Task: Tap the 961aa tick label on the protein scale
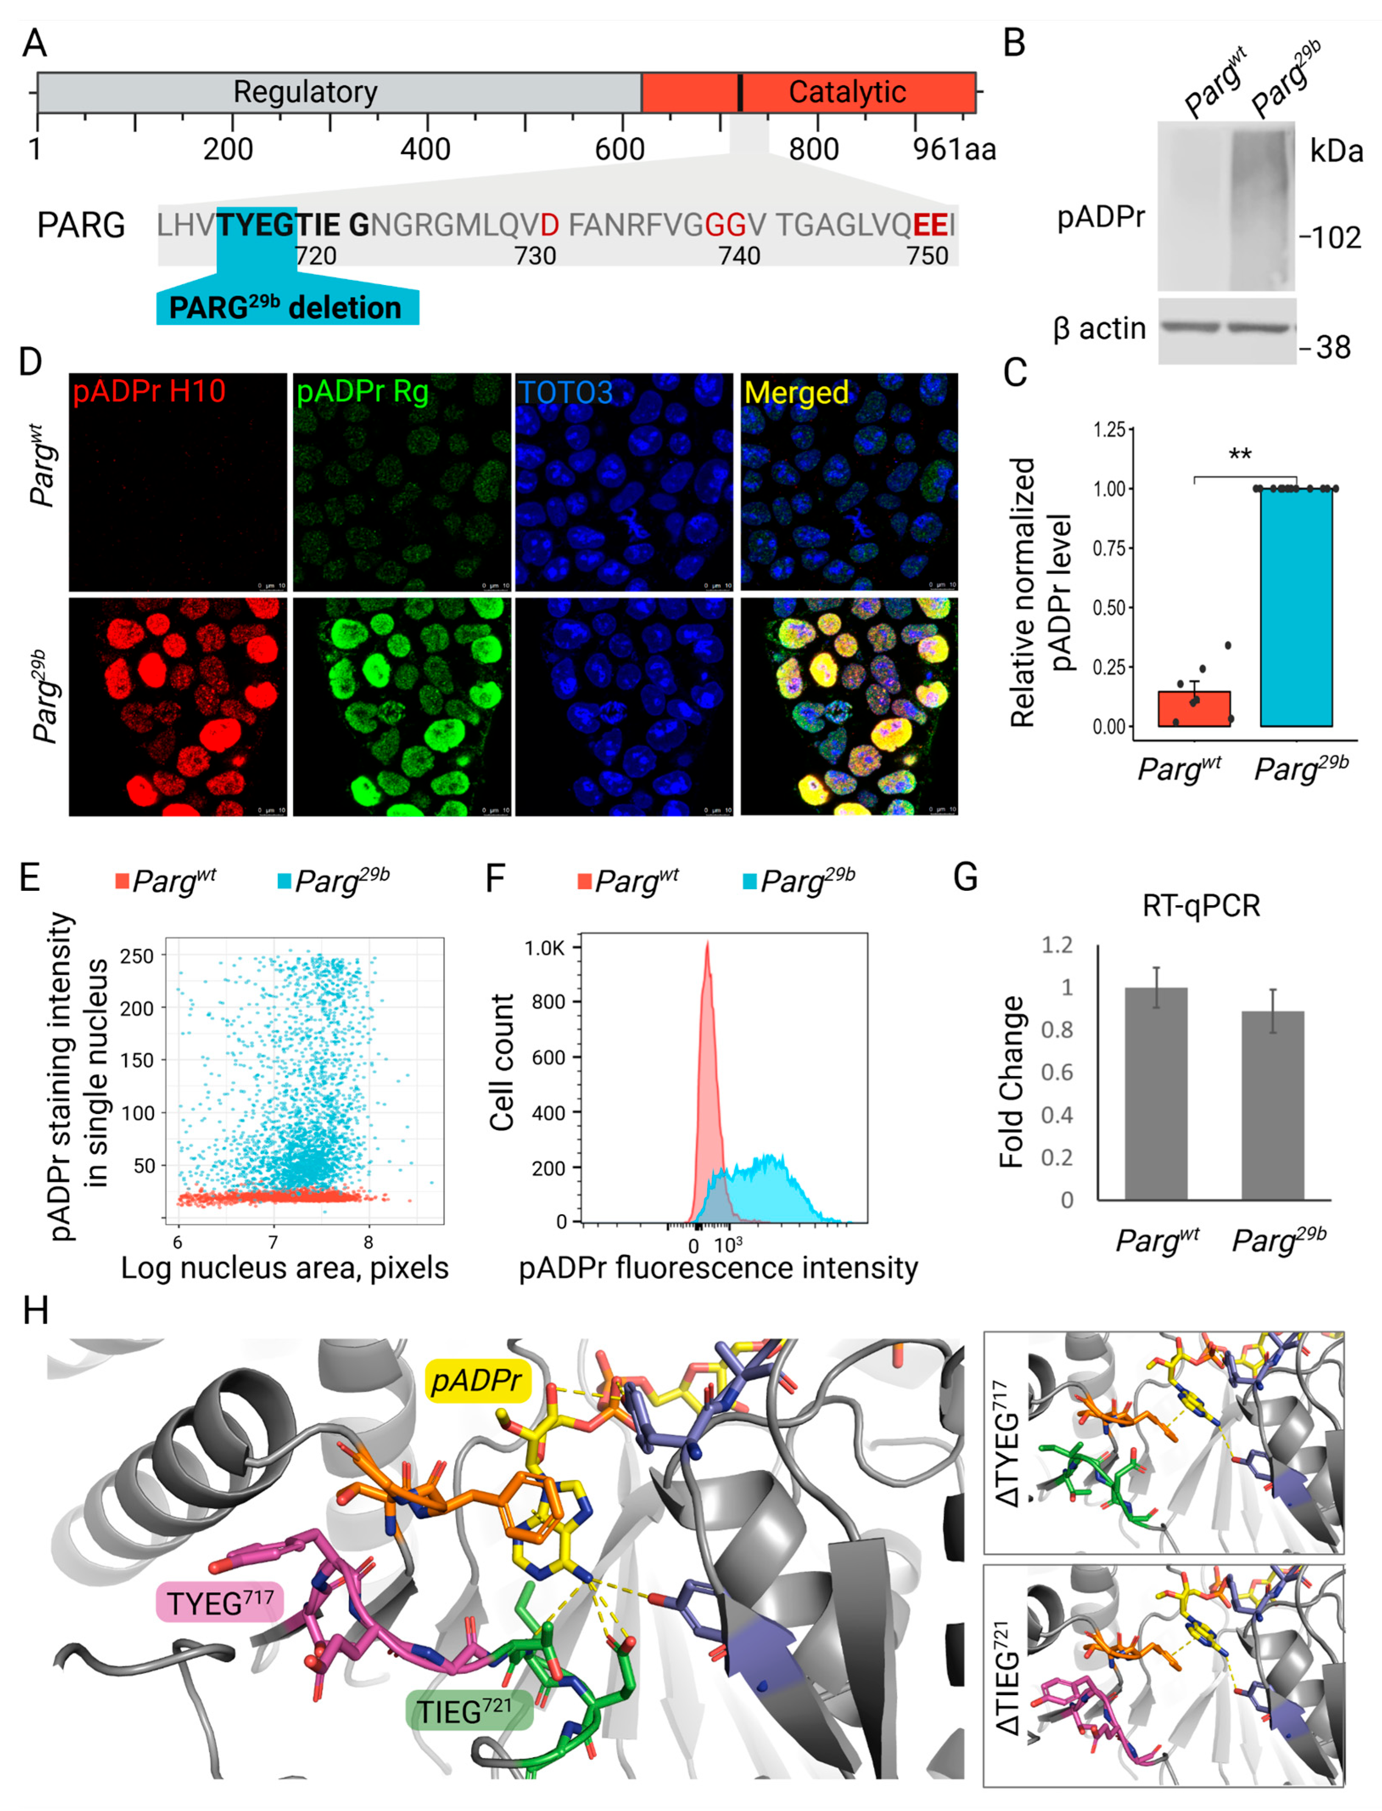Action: click(x=954, y=150)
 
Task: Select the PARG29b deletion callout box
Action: click(x=286, y=308)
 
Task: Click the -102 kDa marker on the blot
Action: click(x=1330, y=238)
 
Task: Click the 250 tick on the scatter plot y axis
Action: click(x=137, y=956)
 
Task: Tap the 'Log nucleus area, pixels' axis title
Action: click(x=285, y=1268)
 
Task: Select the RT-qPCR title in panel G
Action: click(x=1201, y=906)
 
